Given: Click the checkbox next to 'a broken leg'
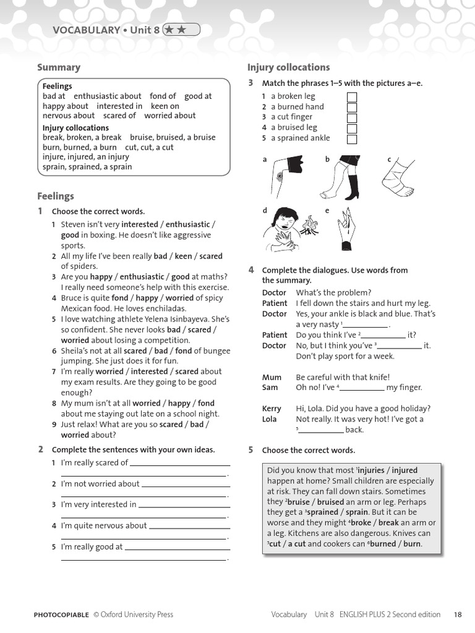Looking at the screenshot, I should click(x=352, y=96).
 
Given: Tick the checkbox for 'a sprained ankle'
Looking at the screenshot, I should click(x=352, y=138).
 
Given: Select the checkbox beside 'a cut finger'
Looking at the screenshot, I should click(x=352, y=117).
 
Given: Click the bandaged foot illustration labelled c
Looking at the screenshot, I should click(x=397, y=179).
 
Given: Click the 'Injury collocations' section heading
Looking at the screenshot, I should click(x=288, y=67).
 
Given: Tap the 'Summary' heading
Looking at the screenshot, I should click(x=59, y=67).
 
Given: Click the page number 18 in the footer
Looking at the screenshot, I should click(x=457, y=614).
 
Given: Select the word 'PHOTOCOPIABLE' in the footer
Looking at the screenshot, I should click(x=61, y=614).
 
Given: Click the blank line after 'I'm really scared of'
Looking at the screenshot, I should click(x=179, y=464).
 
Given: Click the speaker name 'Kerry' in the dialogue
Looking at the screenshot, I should click(x=272, y=409).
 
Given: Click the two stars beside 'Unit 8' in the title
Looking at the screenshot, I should click(x=181, y=30).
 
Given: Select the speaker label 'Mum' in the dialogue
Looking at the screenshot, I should click(x=272, y=377).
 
